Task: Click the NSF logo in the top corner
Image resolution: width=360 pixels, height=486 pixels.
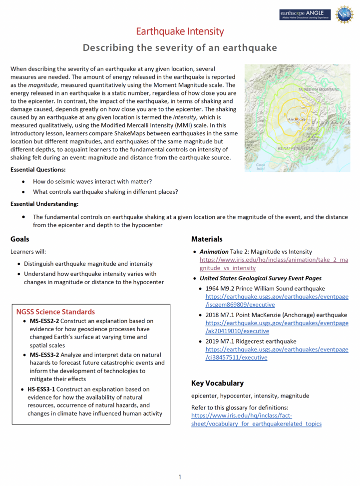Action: [x=344, y=15]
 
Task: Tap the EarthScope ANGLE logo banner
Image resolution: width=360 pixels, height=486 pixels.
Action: [x=305, y=14]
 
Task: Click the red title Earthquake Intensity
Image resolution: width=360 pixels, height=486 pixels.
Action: [x=180, y=31]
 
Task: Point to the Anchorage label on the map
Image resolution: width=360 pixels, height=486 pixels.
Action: [x=297, y=119]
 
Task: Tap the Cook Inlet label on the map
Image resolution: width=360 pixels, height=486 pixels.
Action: [x=260, y=166]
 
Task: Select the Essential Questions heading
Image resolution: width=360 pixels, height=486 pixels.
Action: [x=37, y=170]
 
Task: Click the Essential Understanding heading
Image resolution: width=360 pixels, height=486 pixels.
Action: [x=44, y=204]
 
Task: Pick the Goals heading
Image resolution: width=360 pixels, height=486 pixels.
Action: [x=20, y=239]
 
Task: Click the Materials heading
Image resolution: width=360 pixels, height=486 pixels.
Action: [x=207, y=239]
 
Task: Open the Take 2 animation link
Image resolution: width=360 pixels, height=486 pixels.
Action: [x=274, y=264]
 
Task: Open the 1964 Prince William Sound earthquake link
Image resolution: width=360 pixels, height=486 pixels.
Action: [x=277, y=300]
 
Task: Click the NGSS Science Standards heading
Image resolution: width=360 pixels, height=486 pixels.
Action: [x=55, y=312]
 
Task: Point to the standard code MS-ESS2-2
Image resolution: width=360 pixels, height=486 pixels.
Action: [x=44, y=321]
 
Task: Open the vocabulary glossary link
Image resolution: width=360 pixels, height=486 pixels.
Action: [x=256, y=420]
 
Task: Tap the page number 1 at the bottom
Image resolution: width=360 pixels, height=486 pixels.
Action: [x=180, y=477]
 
